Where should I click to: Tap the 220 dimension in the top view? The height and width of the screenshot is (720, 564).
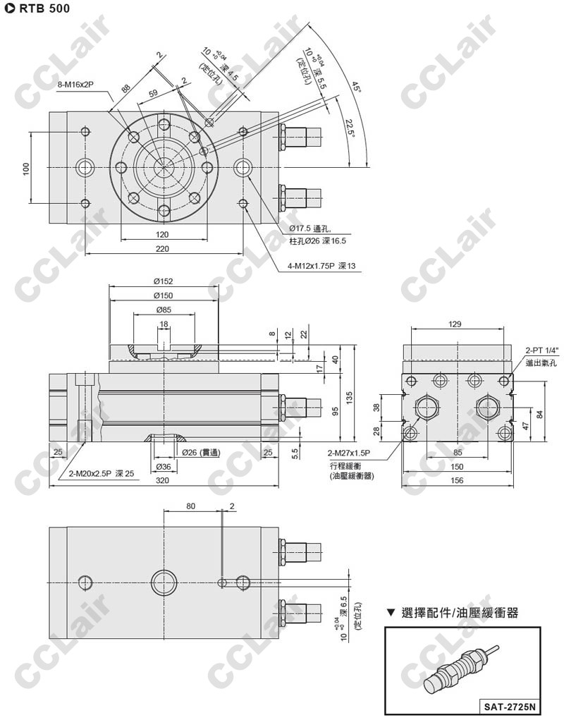[164, 248]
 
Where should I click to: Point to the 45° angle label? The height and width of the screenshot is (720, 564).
[357, 87]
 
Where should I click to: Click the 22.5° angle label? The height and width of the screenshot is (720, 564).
[348, 128]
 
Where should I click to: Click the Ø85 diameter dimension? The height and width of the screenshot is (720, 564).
[164, 310]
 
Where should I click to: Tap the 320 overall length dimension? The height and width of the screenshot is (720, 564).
[164, 480]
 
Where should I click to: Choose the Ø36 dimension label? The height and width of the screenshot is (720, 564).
[164, 466]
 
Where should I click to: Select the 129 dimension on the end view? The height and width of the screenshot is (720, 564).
[455, 324]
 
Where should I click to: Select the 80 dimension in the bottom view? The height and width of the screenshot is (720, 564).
[191, 506]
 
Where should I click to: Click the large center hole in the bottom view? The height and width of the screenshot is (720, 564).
[164, 582]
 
